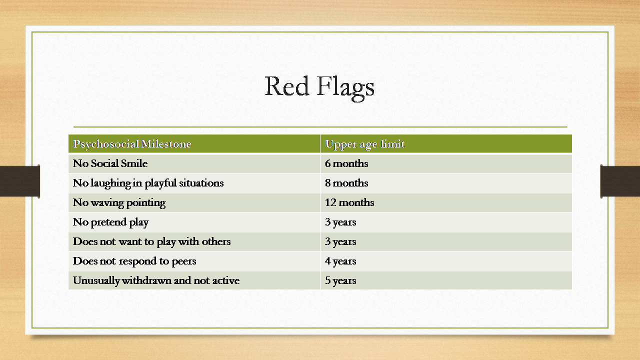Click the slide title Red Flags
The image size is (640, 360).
(x=319, y=87)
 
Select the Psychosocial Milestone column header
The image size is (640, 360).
(x=132, y=144)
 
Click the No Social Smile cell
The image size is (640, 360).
(x=110, y=163)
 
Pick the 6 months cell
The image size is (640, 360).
(x=346, y=163)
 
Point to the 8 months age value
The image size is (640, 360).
(x=346, y=183)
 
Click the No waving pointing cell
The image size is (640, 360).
(x=119, y=203)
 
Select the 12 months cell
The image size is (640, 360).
(x=349, y=202)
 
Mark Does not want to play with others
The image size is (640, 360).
(x=151, y=241)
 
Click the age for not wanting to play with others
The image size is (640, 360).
(x=340, y=241)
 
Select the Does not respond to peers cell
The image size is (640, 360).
(x=134, y=261)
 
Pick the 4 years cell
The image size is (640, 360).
(x=340, y=261)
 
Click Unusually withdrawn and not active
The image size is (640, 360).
(x=156, y=280)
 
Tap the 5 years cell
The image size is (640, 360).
(x=340, y=280)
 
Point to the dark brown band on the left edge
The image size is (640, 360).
(x=20, y=181)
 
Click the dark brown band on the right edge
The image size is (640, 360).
(x=620, y=181)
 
